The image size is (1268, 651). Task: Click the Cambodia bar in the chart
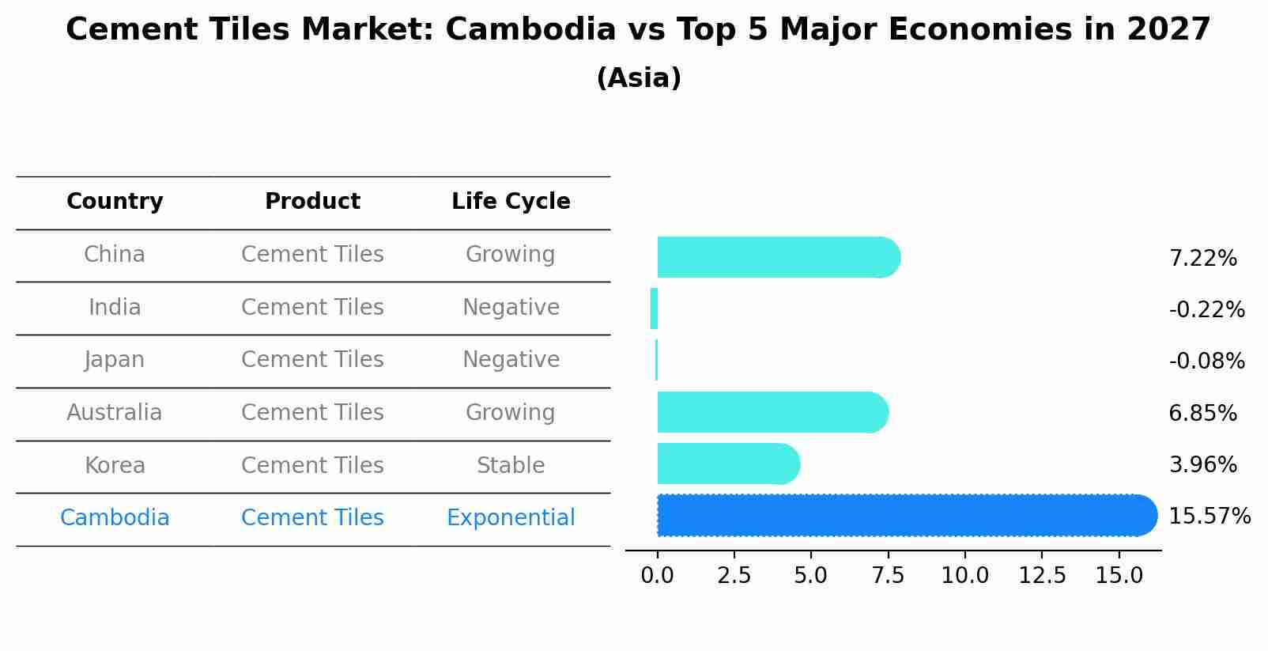coord(905,515)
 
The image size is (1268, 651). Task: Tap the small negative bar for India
coord(654,308)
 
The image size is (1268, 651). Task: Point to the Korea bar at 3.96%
coord(727,464)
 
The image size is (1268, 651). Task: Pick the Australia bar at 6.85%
coord(772,412)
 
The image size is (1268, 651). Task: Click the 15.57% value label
coord(1209,517)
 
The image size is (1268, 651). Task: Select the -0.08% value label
coord(1206,361)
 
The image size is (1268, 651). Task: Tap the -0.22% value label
coord(1206,309)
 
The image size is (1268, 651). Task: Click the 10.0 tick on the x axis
coord(964,576)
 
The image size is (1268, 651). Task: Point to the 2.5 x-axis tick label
coord(734,576)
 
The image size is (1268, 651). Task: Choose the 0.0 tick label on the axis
coord(657,576)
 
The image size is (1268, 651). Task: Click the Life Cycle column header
coord(511,202)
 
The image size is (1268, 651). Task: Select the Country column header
coord(115,202)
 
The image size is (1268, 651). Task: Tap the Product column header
coord(312,202)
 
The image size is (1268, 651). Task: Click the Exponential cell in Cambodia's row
coord(511,518)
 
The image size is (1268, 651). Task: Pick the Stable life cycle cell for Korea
coord(511,466)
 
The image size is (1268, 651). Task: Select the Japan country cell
coord(115,360)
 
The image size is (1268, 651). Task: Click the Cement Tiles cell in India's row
coord(312,308)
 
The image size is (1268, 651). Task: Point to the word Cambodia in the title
coord(530,30)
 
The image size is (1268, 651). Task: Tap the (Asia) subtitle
coord(639,78)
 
